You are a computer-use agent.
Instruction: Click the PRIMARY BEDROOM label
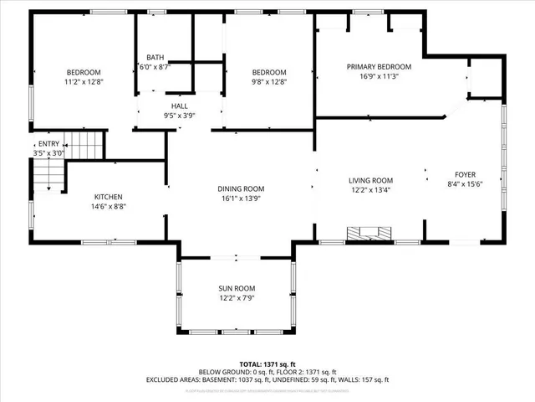point(379,66)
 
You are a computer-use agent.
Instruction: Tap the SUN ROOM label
point(237,288)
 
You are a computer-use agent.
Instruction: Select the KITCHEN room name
point(109,196)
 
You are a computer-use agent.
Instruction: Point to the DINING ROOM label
point(241,189)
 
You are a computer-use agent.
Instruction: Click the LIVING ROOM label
point(370,180)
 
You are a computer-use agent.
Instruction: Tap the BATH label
point(155,57)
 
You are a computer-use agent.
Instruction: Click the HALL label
point(180,106)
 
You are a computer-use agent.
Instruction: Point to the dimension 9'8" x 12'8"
point(269,82)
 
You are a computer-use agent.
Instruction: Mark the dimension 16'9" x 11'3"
point(379,76)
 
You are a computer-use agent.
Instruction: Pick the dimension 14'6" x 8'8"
point(109,206)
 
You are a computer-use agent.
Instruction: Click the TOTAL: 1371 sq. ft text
point(267,363)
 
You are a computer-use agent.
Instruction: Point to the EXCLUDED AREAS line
point(267,379)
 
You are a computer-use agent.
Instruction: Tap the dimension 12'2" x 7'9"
point(237,298)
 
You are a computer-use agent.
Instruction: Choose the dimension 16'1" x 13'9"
point(241,199)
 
